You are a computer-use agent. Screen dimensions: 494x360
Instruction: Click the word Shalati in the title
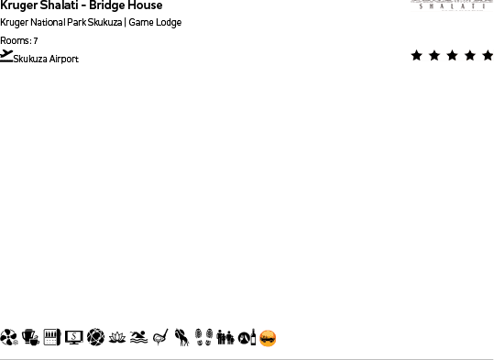click(x=60, y=5)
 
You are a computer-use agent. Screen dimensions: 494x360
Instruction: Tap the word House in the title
click(x=146, y=5)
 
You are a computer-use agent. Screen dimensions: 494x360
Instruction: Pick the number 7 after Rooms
click(x=35, y=41)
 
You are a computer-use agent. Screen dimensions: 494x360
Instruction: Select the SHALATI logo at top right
click(x=452, y=5)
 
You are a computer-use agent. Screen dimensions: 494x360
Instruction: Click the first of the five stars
click(x=417, y=56)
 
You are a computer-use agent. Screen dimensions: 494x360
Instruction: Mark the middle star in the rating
click(x=452, y=56)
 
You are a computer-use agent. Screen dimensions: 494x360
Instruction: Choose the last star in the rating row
click(x=487, y=56)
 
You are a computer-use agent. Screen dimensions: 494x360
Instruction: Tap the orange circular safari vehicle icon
click(x=268, y=338)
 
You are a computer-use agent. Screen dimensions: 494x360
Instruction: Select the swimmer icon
click(x=138, y=338)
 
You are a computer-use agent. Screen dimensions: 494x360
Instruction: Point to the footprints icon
click(x=203, y=338)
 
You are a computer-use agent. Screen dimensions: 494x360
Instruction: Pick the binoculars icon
click(x=225, y=338)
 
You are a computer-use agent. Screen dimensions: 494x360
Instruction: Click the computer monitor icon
click(x=74, y=338)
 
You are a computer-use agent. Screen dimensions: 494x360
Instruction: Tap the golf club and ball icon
click(x=160, y=338)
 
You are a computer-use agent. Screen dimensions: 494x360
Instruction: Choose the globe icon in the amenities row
click(x=95, y=338)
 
